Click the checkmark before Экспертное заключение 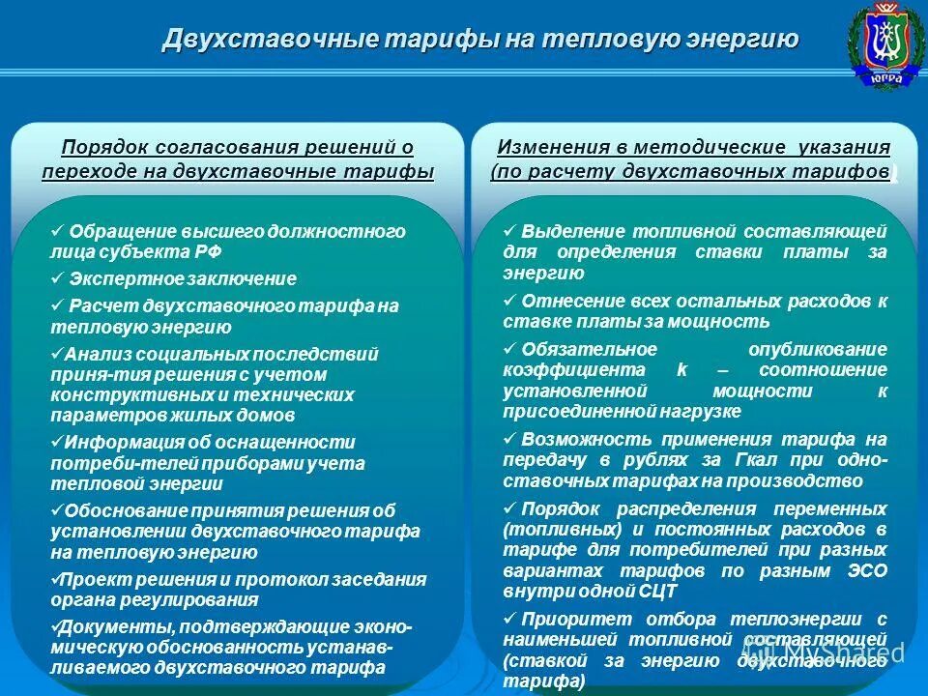pyautogui.click(x=57, y=278)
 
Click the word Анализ pyautogui.click(x=92, y=354)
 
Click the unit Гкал pyautogui.click(x=714, y=460)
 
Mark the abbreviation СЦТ pyautogui.click(x=658, y=591)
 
